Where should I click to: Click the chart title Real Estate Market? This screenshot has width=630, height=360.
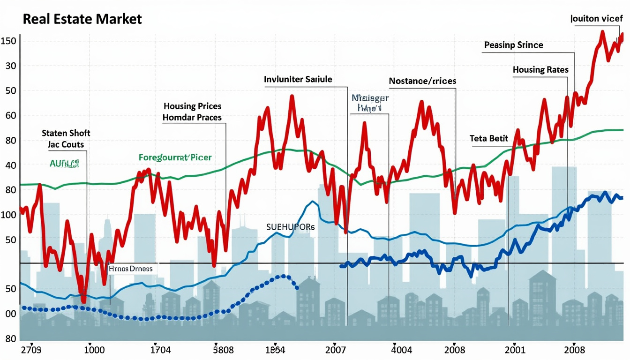[x=82, y=20]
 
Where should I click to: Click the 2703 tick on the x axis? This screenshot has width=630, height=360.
[x=31, y=350]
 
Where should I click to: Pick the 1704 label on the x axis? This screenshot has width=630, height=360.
[x=160, y=350]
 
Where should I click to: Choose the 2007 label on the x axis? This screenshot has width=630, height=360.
[x=335, y=350]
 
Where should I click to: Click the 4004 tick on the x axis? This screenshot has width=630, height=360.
[x=402, y=350]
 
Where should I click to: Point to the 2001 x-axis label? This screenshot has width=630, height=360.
[x=515, y=350]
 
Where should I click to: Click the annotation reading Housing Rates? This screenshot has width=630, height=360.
[x=540, y=70]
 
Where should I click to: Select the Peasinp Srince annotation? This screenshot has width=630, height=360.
[x=513, y=45]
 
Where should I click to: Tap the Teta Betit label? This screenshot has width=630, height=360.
[x=489, y=139]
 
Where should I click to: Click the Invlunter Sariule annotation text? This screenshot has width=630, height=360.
[x=298, y=79]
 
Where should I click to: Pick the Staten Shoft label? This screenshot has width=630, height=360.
[x=66, y=133]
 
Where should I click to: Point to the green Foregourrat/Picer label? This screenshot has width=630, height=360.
[x=175, y=157]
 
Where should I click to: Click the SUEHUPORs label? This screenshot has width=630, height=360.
[x=290, y=227]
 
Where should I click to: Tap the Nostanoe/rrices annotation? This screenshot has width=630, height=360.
[x=422, y=81]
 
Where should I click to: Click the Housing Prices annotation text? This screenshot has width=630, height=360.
[x=192, y=106]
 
